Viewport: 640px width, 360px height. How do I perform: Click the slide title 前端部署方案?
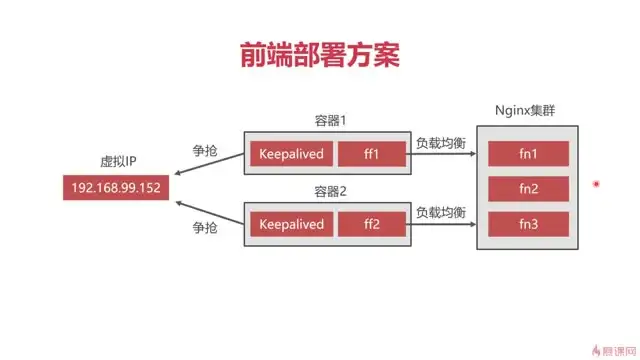click(320, 54)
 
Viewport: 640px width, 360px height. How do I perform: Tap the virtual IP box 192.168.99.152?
click(116, 187)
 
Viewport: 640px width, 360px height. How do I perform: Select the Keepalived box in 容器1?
click(291, 154)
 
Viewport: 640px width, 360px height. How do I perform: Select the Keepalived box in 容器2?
click(291, 224)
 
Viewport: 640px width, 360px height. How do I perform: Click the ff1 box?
click(372, 154)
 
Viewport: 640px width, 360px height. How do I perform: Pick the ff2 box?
click(372, 224)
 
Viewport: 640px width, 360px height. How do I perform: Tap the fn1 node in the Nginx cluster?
click(528, 154)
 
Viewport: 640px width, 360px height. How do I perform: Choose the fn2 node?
click(528, 188)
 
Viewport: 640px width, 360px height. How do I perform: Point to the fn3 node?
click(528, 224)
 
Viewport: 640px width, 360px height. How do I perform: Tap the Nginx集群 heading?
click(527, 109)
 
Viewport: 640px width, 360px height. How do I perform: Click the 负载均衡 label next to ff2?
click(441, 212)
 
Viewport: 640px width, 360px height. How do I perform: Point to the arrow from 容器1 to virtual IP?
click(210, 166)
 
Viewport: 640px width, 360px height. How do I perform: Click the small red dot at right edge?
click(596, 184)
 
